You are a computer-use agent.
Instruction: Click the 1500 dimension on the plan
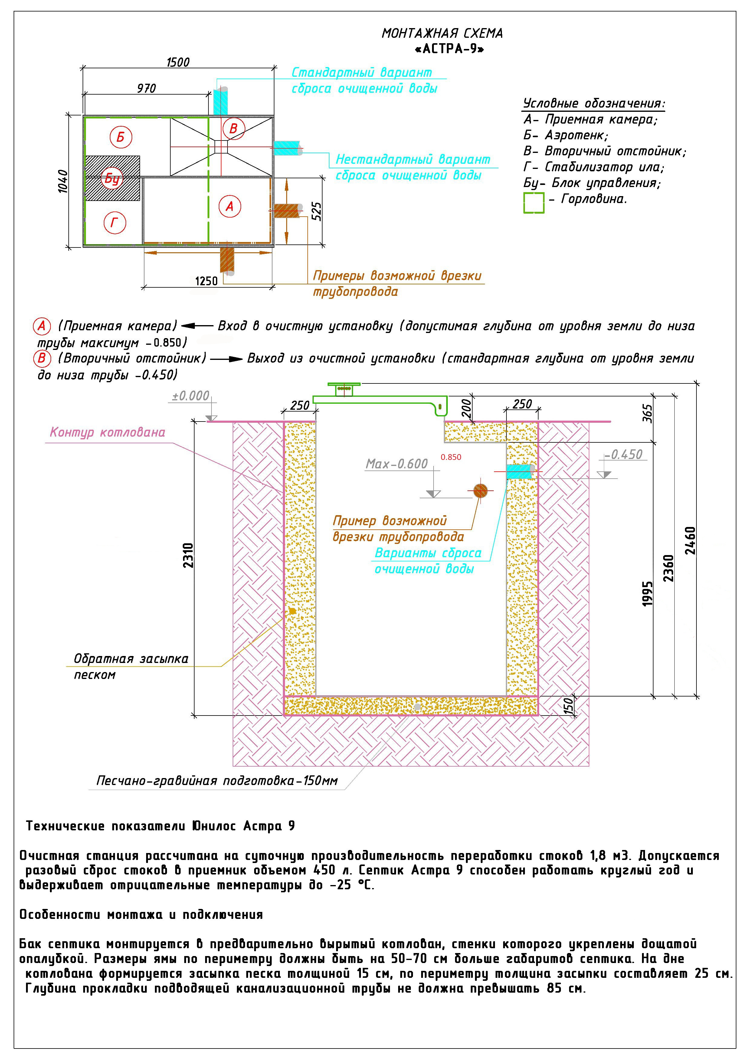(178, 62)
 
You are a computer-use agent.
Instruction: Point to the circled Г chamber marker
(114, 223)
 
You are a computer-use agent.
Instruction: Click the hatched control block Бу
(112, 178)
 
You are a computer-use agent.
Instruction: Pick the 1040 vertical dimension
(63, 181)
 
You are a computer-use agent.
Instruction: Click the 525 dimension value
(316, 211)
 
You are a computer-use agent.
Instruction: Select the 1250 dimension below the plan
(206, 281)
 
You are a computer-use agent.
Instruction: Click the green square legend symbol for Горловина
(534, 203)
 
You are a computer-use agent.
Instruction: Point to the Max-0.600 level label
(397, 464)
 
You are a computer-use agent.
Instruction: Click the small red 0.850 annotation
(450, 457)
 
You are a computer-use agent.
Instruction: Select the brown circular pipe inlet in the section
(480, 490)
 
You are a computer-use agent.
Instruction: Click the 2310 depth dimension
(188, 555)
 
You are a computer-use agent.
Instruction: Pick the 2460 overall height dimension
(690, 540)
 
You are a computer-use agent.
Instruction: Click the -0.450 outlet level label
(623, 455)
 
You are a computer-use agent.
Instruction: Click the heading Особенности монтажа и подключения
(141, 915)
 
